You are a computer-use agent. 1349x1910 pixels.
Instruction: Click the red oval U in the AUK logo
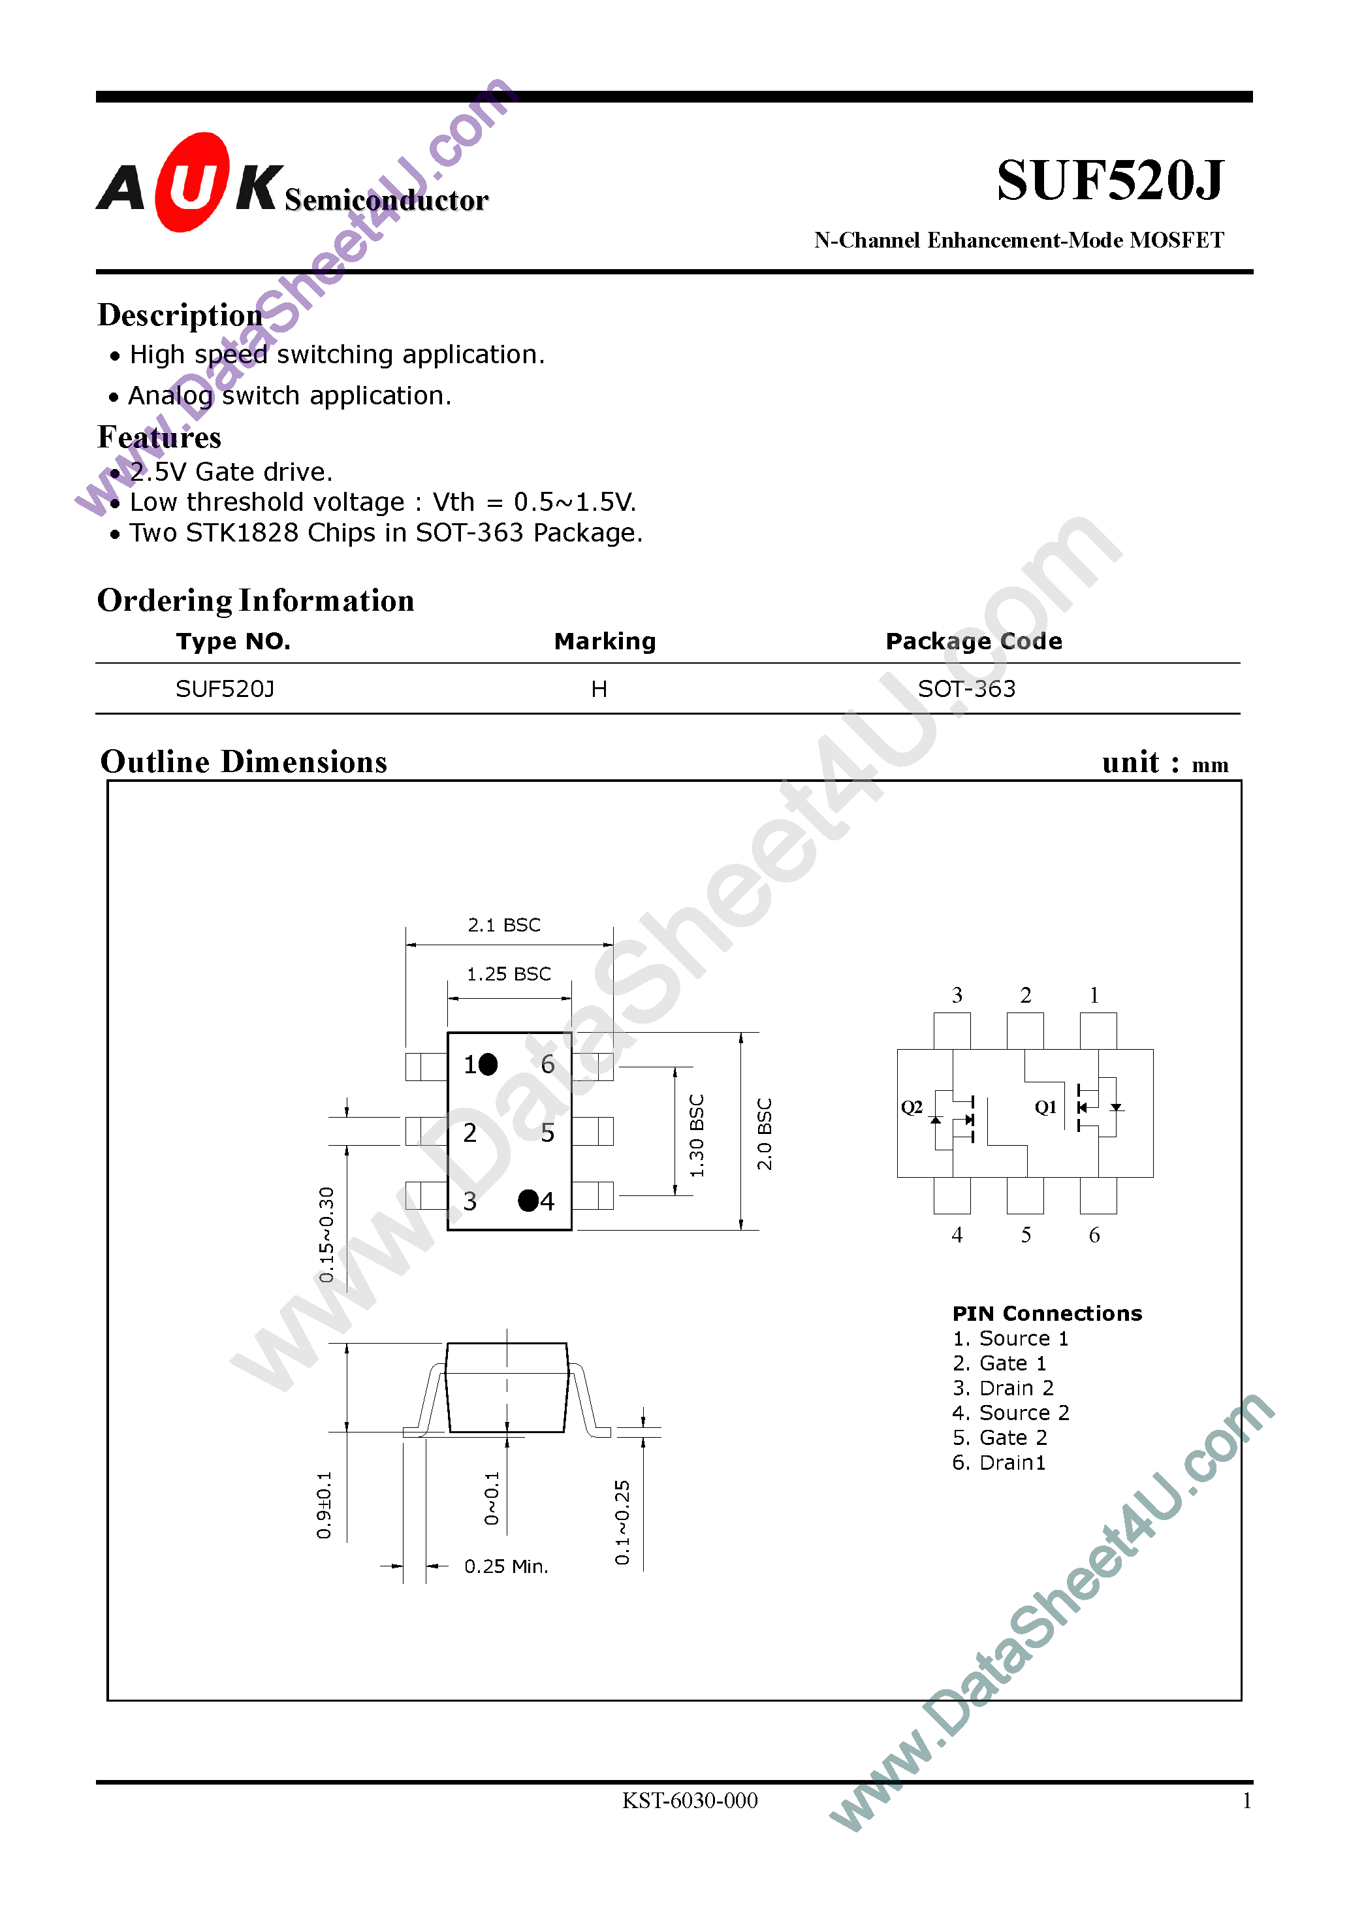pos(191,182)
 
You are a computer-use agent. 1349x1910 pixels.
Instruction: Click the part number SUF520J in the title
pos(1109,180)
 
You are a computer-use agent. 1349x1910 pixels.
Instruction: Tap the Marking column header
pos(605,641)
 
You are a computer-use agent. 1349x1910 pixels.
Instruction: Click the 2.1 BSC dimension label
pos(504,925)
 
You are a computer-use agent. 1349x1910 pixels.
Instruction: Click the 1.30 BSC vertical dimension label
pos(697,1135)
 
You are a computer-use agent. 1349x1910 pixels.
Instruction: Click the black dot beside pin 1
pos(488,1064)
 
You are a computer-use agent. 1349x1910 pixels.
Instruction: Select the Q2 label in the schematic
pos(912,1107)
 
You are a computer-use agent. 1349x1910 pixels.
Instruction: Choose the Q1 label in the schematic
pos(1045,1107)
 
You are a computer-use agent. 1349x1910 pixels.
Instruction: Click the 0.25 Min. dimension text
pos(505,1566)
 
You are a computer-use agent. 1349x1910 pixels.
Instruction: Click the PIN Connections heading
pos(1046,1314)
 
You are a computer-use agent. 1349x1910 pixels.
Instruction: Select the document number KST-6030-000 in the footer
pos(690,1801)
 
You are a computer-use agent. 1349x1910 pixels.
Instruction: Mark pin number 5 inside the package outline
pos(547,1132)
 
